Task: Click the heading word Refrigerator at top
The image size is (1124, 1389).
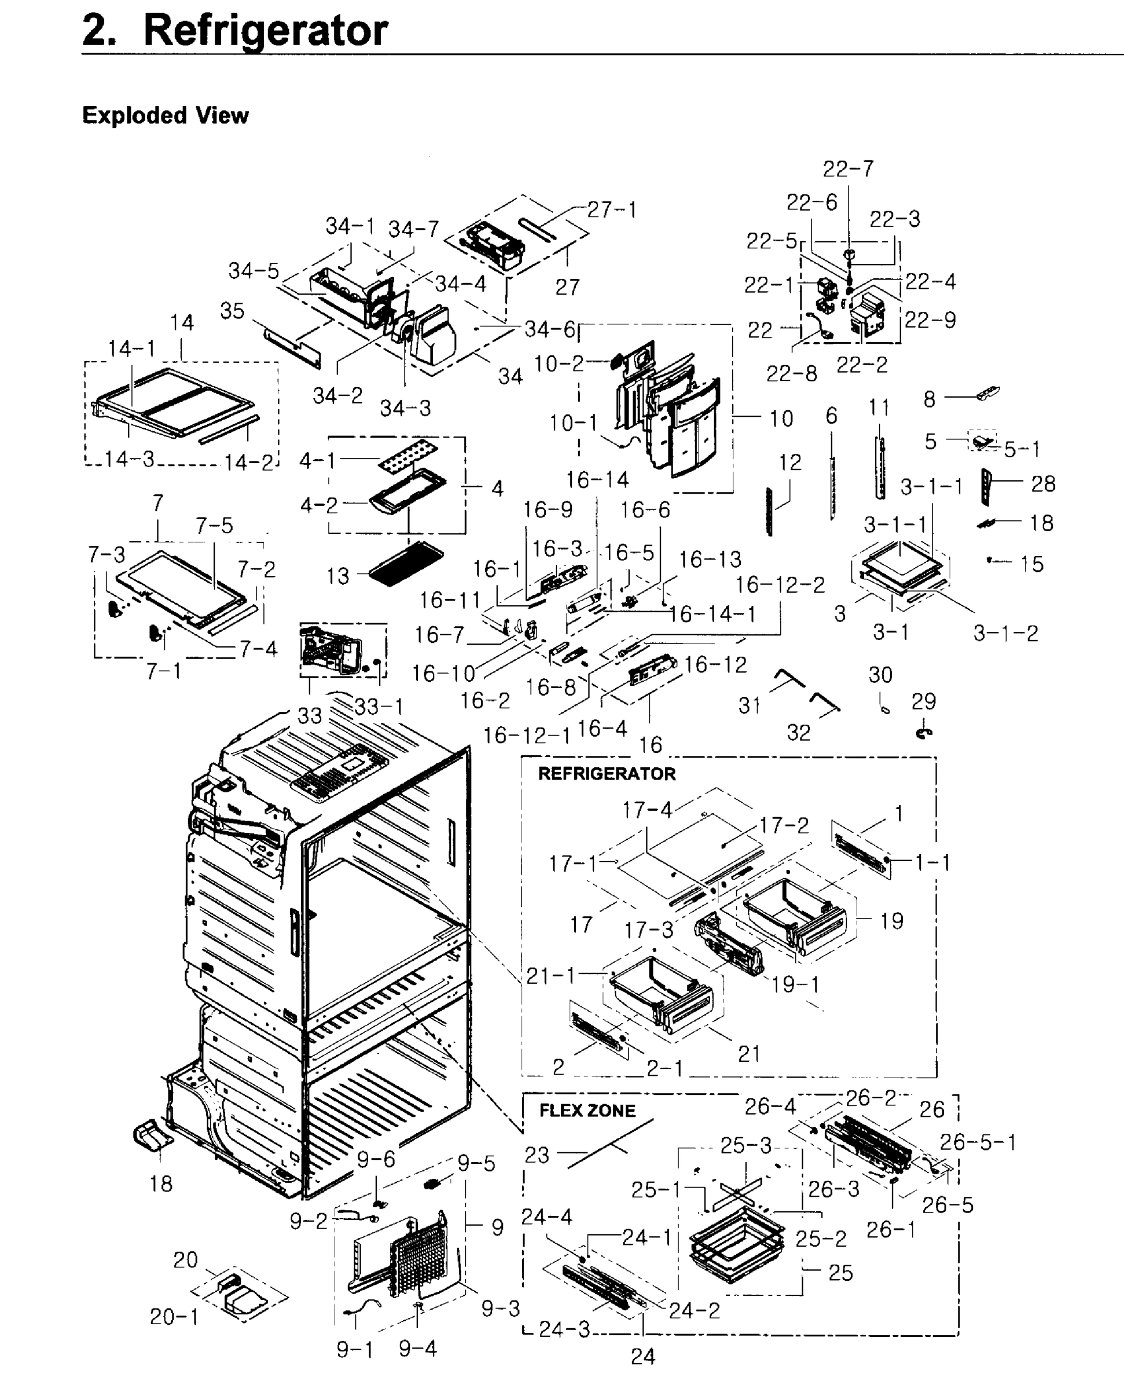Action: pyautogui.click(x=265, y=31)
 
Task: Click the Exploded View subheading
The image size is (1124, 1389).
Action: pyautogui.click(x=165, y=115)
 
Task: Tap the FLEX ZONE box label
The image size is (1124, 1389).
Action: pyautogui.click(x=587, y=1111)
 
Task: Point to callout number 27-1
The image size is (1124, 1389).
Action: pyautogui.click(x=612, y=210)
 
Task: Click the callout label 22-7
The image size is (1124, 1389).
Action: pyautogui.click(x=847, y=169)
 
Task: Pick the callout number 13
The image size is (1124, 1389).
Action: pyautogui.click(x=337, y=575)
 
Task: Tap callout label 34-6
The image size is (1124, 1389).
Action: pyautogui.click(x=549, y=329)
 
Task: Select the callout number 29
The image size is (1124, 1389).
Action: pyautogui.click(x=923, y=701)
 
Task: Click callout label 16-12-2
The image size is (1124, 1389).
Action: pyautogui.click(x=780, y=585)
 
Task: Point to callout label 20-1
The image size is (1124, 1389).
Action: pyautogui.click(x=174, y=1316)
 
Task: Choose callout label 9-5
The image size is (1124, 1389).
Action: pyautogui.click(x=476, y=1163)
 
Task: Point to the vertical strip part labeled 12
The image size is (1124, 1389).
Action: pyautogui.click(x=769, y=512)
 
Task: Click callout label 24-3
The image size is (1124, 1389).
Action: pyautogui.click(x=564, y=1329)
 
